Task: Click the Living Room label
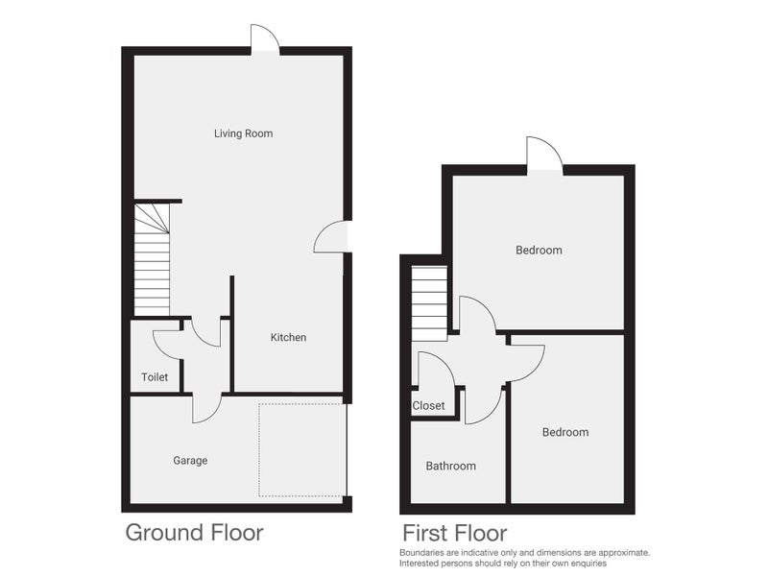(x=243, y=133)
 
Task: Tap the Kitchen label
(x=288, y=337)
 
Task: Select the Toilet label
(x=155, y=377)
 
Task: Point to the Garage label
(x=190, y=461)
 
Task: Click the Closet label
(x=428, y=406)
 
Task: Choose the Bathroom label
(x=450, y=467)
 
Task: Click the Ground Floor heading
(x=194, y=532)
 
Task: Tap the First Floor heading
(x=454, y=533)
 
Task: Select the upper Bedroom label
(x=539, y=251)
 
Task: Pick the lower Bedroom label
(x=565, y=432)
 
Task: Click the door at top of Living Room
(x=264, y=38)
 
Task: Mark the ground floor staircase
(x=152, y=259)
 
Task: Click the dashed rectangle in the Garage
(x=301, y=449)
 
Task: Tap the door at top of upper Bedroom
(x=543, y=154)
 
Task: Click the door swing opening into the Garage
(x=205, y=408)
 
